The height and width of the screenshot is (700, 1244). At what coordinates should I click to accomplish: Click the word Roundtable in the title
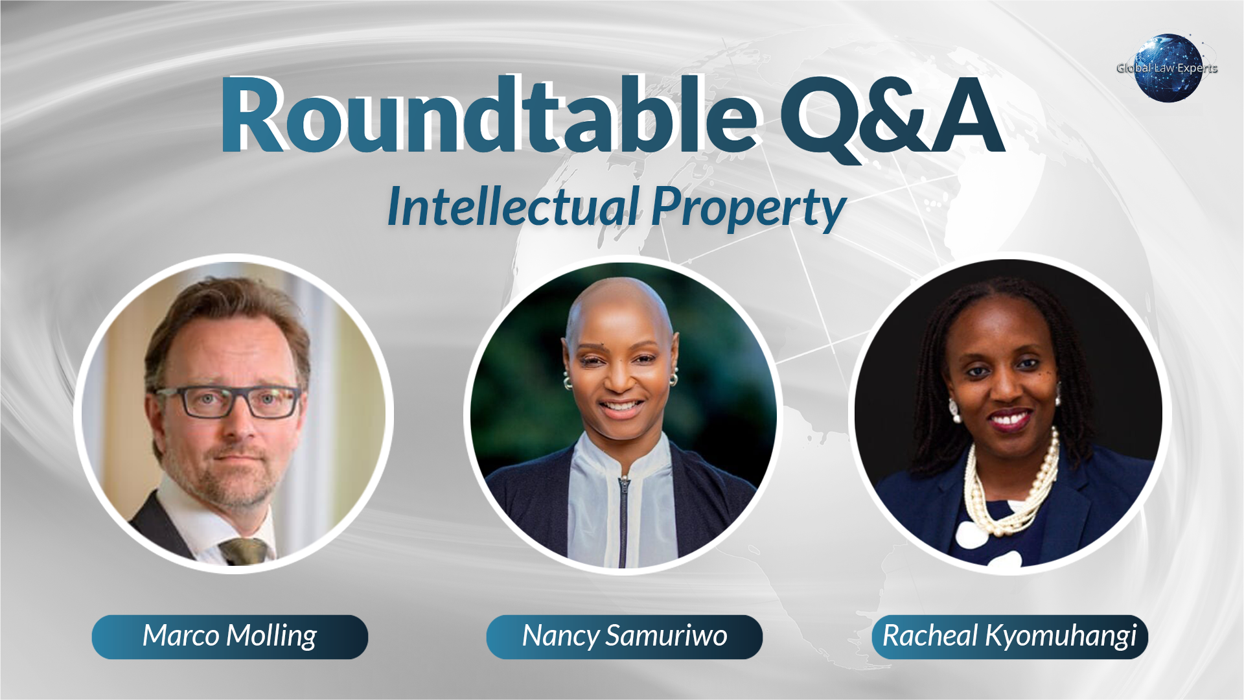(x=489, y=115)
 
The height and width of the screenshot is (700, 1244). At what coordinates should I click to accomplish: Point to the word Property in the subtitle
(x=748, y=207)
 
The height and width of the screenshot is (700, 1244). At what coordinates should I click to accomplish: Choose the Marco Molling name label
(x=230, y=636)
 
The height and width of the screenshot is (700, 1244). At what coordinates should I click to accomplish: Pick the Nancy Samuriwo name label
(x=624, y=636)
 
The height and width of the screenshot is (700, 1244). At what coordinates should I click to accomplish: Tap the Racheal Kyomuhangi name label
(x=1009, y=636)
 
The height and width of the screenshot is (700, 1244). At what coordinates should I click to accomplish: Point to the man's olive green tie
(x=245, y=551)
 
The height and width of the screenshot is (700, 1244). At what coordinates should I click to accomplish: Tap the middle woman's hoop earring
(x=674, y=378)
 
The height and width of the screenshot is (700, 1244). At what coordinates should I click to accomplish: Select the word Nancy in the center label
(x=560, y=636)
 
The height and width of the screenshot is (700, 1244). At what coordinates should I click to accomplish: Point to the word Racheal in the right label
(x=930, y=636)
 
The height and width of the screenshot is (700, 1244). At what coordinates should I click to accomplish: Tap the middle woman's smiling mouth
(x=621, y=407)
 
